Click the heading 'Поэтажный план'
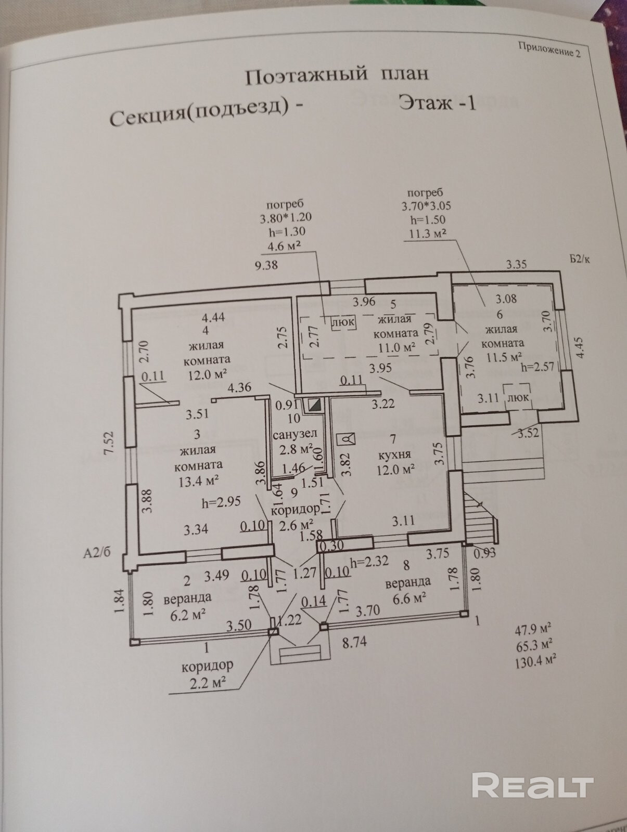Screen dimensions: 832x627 click(x=337, y=75)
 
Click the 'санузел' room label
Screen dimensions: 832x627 click(x=295, y=433)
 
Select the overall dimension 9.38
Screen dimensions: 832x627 click(x=265, y=265)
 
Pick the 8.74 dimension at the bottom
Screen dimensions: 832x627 click(x=354, y=642)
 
